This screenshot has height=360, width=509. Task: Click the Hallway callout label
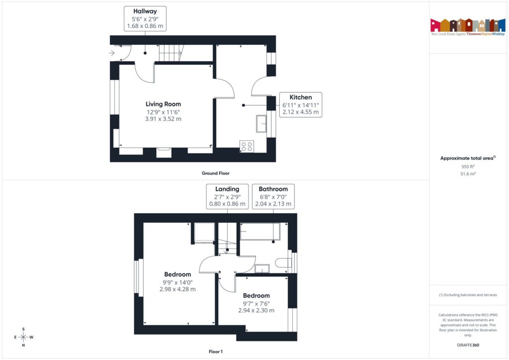coord(145,19)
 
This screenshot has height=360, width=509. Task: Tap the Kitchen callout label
coord(301,105)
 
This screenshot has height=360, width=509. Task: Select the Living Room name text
coord(163,104)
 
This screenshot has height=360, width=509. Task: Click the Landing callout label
coord(227,196)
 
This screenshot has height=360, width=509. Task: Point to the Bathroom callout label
coord(273,196)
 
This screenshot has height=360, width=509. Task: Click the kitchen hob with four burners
coord(247,146)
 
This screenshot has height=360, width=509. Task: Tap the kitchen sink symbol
coord(261,123)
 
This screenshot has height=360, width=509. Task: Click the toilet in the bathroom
coord(283,263)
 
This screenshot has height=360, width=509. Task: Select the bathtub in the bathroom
coord(260,232)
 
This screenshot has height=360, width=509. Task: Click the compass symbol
coord(23,337)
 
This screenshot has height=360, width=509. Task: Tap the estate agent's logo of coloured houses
coord(464,25)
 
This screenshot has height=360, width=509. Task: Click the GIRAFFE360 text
coord(468,345)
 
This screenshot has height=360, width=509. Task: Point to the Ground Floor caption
coord(215,174)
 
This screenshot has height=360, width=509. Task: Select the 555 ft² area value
coord(468,167)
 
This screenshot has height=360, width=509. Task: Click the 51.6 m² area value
coord(468,175)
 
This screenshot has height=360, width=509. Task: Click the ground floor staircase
coord(170,52)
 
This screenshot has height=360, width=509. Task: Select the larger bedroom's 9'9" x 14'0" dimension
coord(178,282)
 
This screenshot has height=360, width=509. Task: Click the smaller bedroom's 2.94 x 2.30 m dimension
coord(256,310)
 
